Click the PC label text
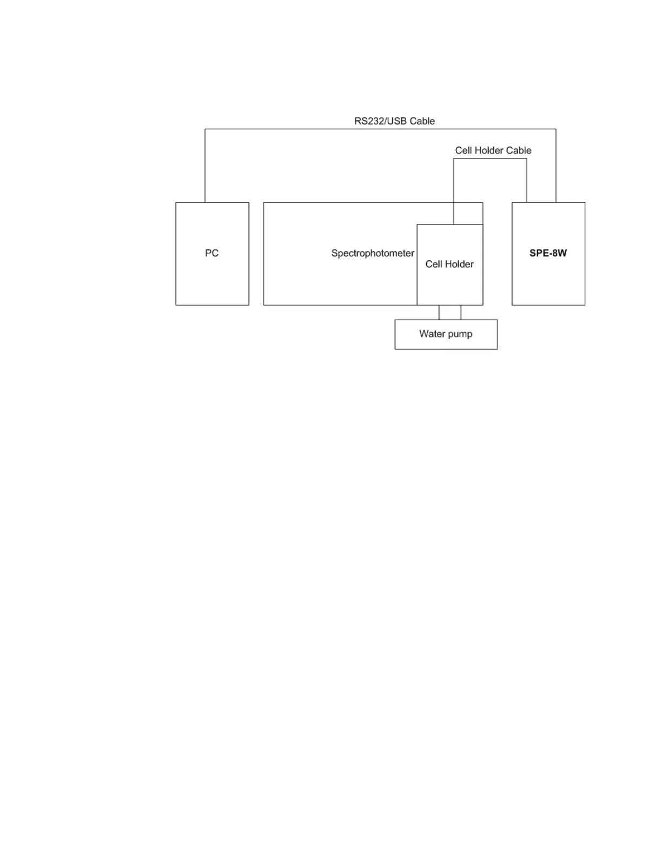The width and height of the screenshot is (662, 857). click(x=211, y=253)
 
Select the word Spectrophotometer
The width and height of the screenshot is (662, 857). click(x=373, y=253)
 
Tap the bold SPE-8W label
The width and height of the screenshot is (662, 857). click(x=548, y=253)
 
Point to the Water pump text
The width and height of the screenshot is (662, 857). click(x=446, y=334)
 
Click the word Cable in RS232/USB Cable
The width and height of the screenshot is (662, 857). click(x=422, y=121)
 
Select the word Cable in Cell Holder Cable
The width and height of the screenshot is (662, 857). click(x=518, y=150)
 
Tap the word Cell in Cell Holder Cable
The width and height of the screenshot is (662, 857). click(x=464, y=150)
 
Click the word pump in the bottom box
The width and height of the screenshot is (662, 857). click(x=459, y=334)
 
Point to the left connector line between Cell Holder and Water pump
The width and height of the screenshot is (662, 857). click(x=439, y=312)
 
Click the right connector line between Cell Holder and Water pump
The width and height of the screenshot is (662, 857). click(x=461, y=312)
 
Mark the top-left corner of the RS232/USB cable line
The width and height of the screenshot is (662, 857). click(x=205, y=129)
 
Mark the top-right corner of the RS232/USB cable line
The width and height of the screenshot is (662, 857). click(x=555, y=129)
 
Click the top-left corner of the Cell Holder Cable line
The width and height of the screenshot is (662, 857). click(x=454, y=159)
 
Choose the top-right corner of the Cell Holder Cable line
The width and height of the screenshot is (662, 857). click(x=527, y=159)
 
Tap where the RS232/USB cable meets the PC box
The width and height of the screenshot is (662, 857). click(x=205, y=202)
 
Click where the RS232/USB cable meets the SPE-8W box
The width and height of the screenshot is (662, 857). click(x=555, y=202)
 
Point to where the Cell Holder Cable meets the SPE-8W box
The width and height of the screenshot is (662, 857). click(x=527, y=202)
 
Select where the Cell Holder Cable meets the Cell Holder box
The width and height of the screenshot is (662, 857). click(x=454, y=225)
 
